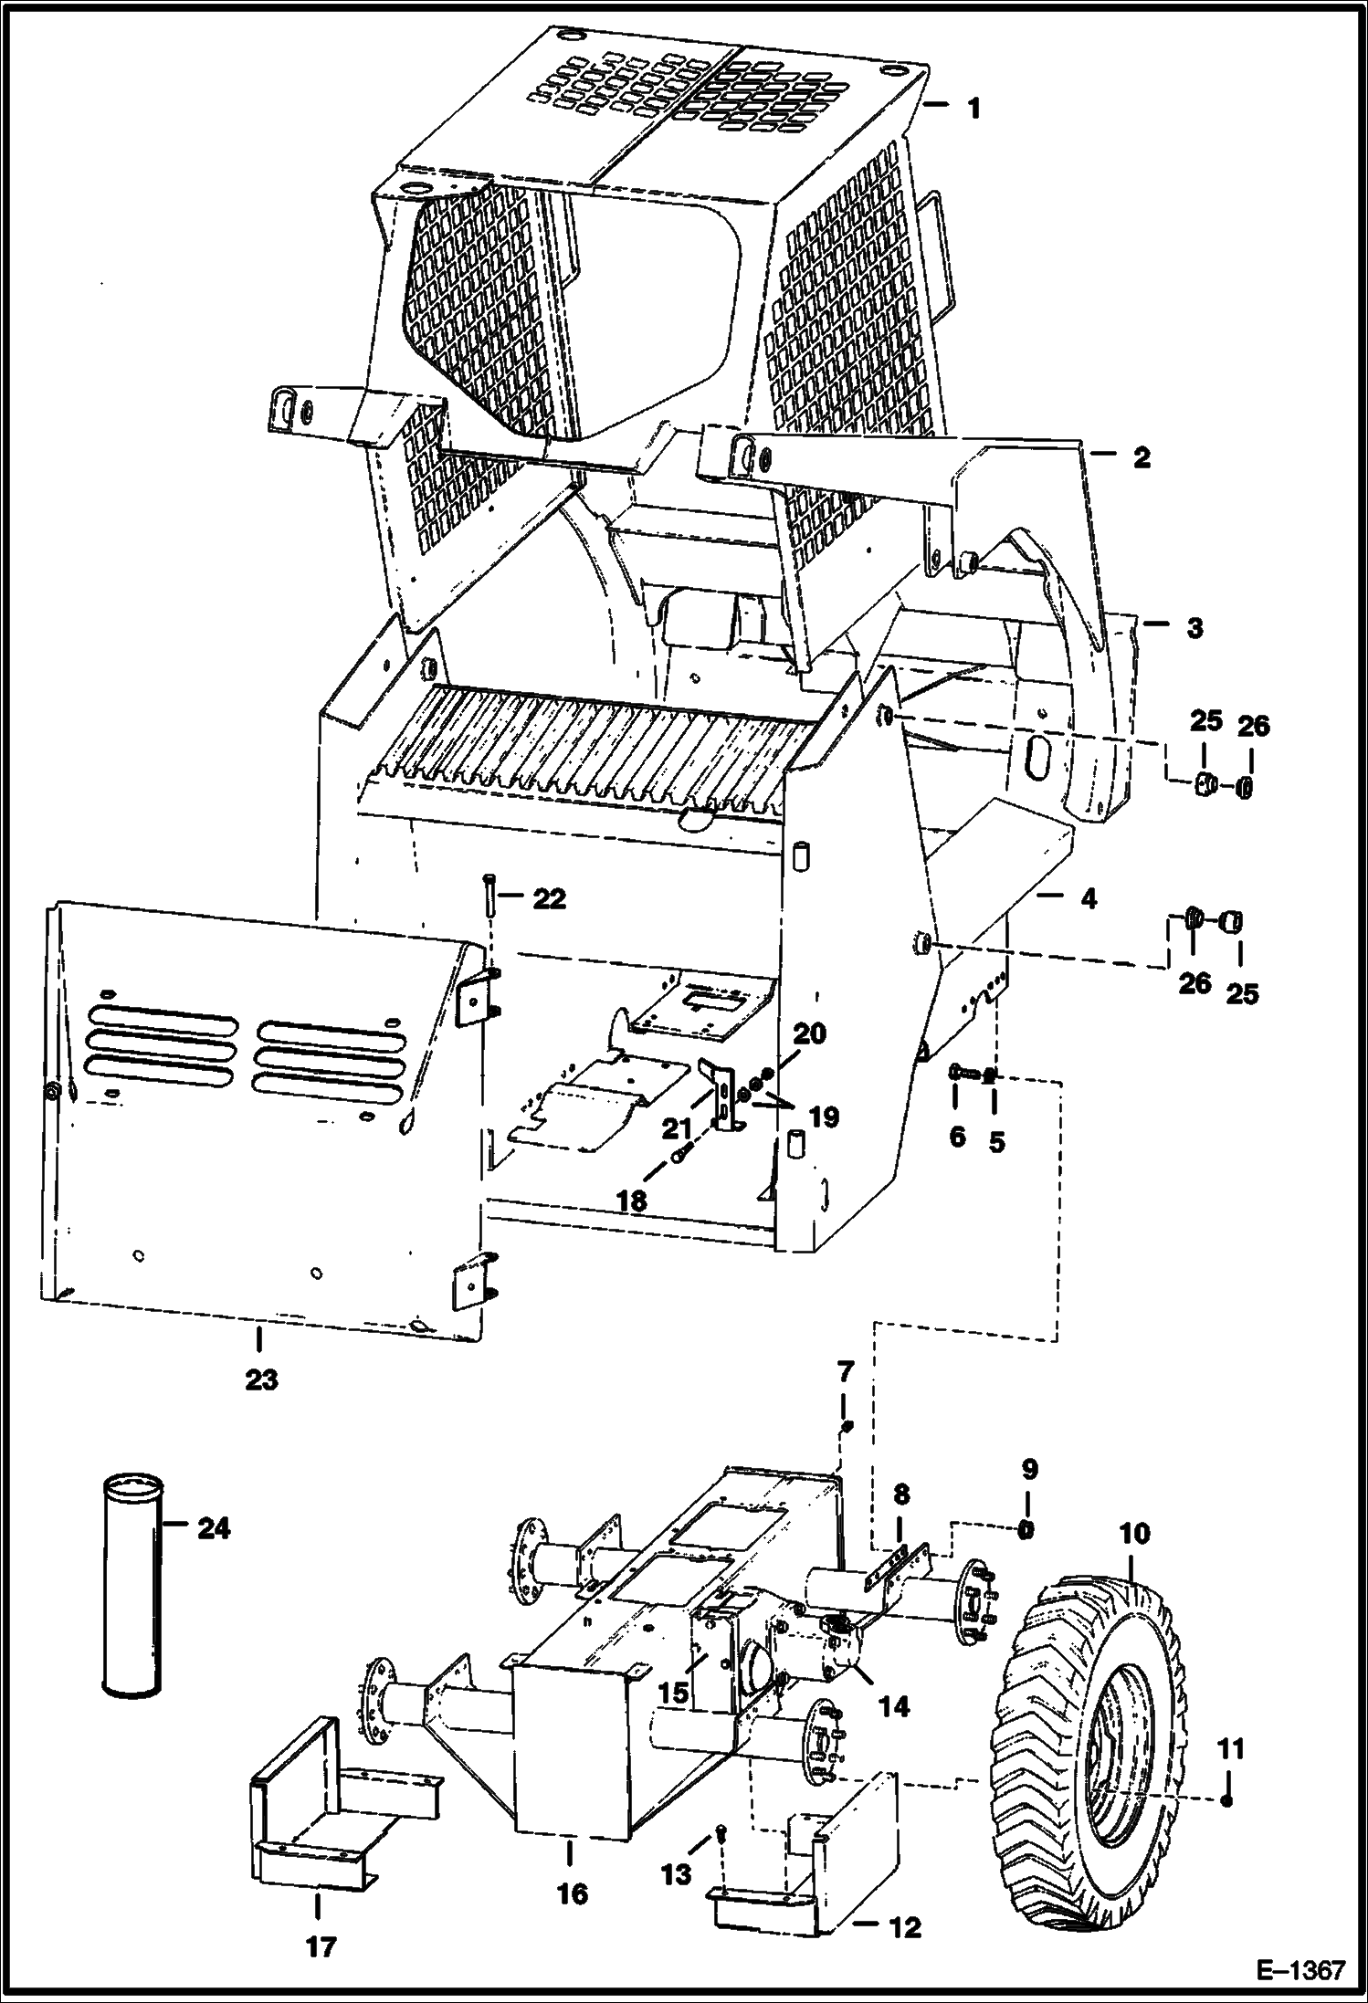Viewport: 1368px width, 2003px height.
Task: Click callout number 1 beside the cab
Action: (973, 109)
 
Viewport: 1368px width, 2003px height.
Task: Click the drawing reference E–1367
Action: (1300, 1966)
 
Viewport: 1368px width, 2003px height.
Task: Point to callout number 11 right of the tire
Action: (1230, 1750)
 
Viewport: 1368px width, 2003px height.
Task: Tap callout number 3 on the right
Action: (1194, 628)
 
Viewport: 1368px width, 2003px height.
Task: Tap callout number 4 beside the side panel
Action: (1087, 898)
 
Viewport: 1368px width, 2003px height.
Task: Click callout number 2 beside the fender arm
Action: (1142, 458)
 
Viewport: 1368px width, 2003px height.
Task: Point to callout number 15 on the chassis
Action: (675, 1692)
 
